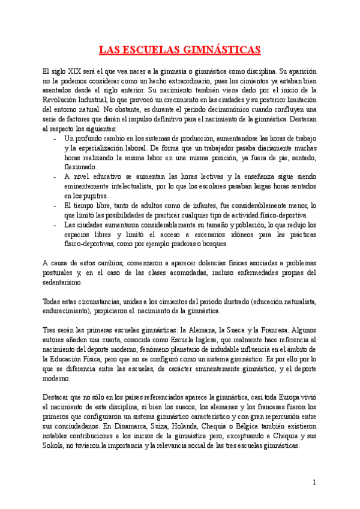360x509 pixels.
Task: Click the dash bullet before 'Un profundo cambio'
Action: tap(55, 138)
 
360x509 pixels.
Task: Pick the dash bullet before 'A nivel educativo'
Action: tap(55, 176)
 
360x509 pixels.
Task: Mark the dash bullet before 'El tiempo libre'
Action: tap(55, 205)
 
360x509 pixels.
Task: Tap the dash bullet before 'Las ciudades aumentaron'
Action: tap(55, 225)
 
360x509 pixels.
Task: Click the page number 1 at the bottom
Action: tap(314, 482)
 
